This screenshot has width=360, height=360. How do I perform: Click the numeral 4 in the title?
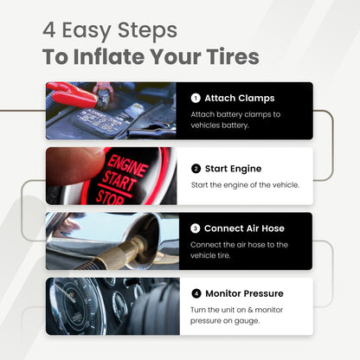[49, 30]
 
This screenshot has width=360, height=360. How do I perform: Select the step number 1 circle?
[196, 99]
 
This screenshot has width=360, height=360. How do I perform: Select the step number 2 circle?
[196, 169]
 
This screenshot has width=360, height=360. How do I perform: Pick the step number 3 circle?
[196, 228]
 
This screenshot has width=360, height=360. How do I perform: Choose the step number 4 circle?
[196, 293]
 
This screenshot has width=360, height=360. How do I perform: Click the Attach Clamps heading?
[240, 99]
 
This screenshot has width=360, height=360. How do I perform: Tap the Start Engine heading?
[233, 169]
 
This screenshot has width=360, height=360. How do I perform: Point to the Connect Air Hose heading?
[244, 228]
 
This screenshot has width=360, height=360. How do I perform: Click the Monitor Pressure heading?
[244, 293]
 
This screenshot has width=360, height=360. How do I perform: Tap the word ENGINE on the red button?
[127, 166]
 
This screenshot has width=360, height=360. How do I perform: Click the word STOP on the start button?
[110, 197]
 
